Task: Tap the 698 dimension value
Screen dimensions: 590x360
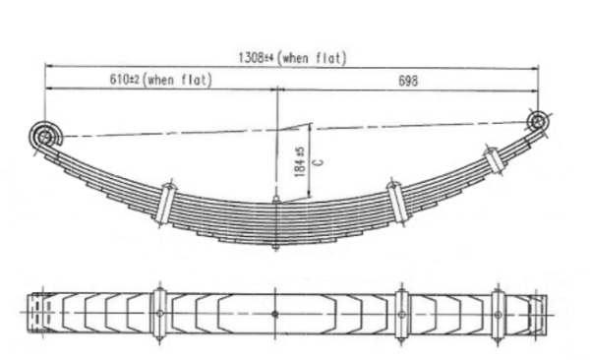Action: [x=408, y=81]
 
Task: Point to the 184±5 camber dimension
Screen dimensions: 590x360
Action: [x=300, y=162]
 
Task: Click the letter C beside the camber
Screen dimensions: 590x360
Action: [x=319, y=162]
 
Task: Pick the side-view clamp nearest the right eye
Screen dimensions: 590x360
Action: [x=495, y=160]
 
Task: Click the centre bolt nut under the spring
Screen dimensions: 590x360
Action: [x=275, y=247]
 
